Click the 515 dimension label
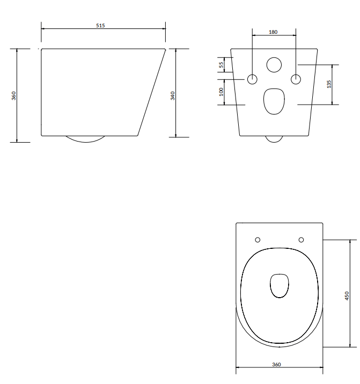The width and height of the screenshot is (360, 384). (x=100, y=25)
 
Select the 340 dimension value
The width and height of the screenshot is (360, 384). (x=173, y=95)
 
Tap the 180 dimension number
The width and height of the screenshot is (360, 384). (x=273, y=32)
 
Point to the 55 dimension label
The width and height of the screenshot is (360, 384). (x=221, y=65)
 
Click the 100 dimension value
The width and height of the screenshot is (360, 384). (x=221, y=92)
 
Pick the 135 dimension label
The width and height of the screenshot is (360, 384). (x=329, y=84)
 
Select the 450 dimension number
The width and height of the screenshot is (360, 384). (x=347, y=296)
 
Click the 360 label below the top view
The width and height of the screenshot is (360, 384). (x=276, y=364)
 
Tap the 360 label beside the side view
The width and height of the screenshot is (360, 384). (x=14, y=95)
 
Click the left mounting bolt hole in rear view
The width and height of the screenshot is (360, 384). (x=252, y=79)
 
